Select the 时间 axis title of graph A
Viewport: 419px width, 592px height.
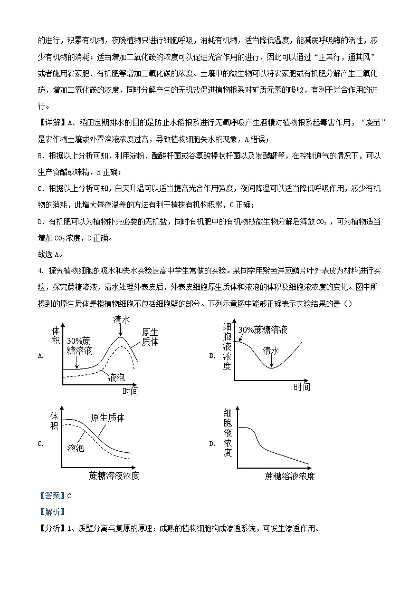(130, 391)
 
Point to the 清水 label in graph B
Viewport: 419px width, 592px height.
(271, 350)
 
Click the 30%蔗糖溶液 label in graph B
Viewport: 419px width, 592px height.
(263, 329)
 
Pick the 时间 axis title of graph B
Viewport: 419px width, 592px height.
(302, 387)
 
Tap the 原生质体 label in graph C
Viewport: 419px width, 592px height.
(108, 418)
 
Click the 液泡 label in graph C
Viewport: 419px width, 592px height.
(76, 448)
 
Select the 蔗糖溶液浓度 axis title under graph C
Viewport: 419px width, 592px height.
(115, 476)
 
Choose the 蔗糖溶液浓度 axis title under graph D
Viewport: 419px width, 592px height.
(290, 476)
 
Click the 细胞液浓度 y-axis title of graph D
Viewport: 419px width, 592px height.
(227, 432)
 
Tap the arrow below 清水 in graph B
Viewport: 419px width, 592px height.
(271, 361)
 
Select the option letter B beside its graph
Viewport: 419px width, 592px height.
(212, 356)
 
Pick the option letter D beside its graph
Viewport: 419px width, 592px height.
(212, 443)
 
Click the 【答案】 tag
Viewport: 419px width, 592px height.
(52, 496)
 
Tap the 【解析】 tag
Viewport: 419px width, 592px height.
(52, 512)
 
